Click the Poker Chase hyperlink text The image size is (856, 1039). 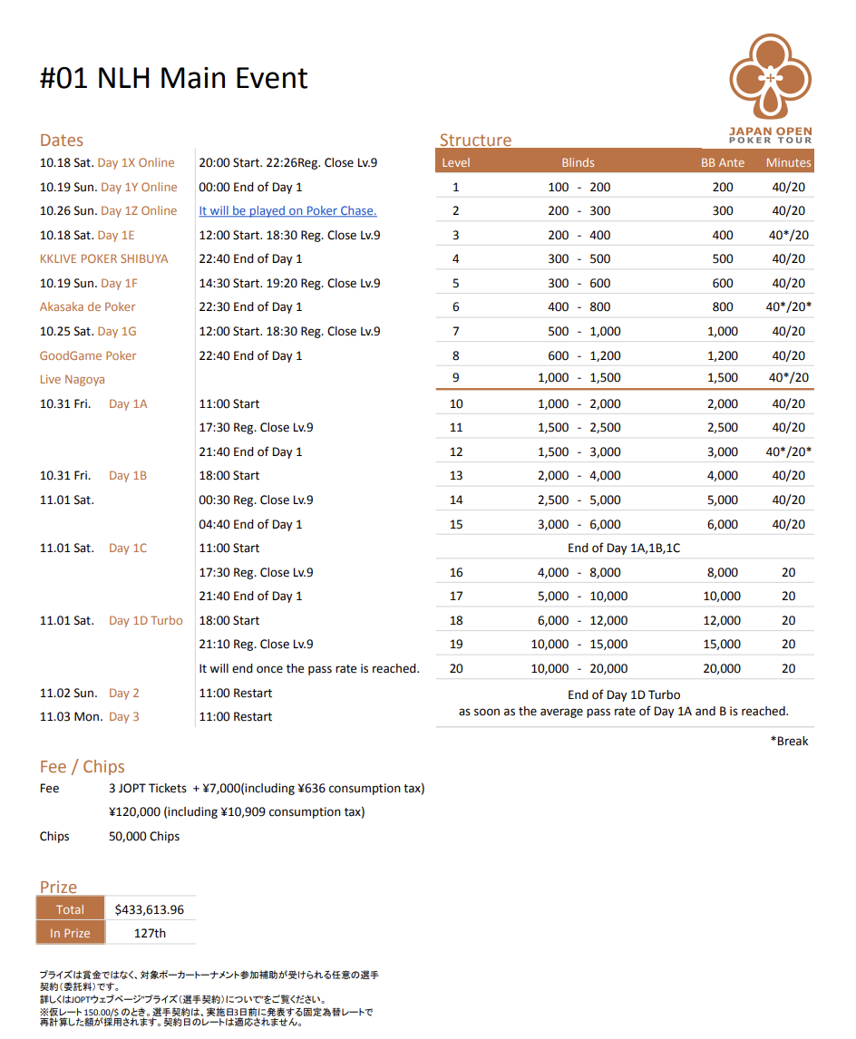pos(287,211)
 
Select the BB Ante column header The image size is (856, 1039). pos(723,163)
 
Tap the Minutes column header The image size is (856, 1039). pos(788,163)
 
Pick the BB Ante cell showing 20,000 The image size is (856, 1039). pos(723,669)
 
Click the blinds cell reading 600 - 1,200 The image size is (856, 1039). pos(579,356)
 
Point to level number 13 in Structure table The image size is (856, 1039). pos(456,476)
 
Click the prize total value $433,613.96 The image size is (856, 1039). pos(150,909)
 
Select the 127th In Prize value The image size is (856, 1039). pos(150,933)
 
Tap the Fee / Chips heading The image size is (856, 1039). pos(83,767)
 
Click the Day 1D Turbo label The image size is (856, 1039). pos(146,621)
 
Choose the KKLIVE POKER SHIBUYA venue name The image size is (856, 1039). pos(103,259)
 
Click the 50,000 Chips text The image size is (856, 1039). pos(144,837)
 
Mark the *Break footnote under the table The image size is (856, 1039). pos(789,742)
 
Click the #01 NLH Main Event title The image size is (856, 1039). pos(174,79)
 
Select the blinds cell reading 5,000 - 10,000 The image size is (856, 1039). pos(579,597)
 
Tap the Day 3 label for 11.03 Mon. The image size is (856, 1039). pos(124,717)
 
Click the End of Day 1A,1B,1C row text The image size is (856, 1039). pos(624,549)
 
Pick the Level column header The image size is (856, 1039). pos(456,163)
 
